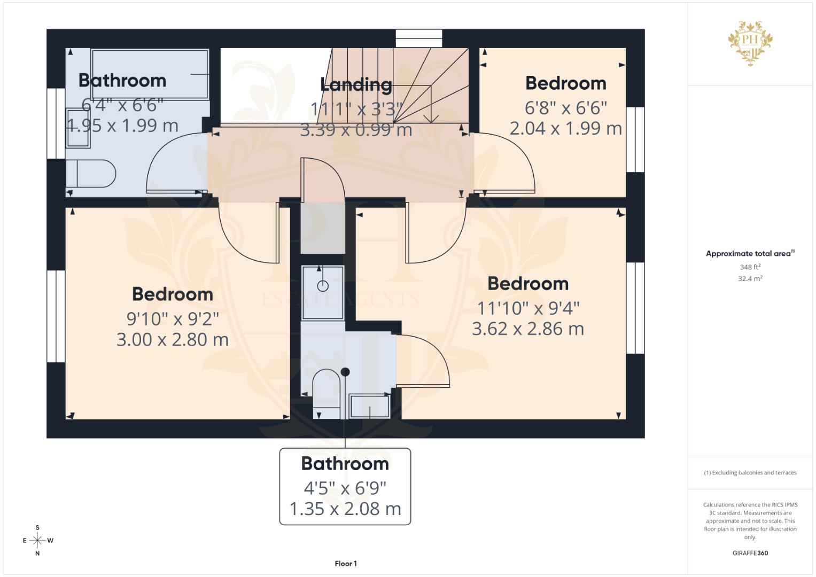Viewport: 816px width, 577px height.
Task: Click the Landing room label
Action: click(356, 84)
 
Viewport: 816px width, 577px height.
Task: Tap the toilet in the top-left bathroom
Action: click(91, 174)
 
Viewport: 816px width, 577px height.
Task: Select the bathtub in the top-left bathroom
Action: click(150, 74)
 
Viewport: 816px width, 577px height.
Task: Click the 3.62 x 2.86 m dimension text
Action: click(528, 329)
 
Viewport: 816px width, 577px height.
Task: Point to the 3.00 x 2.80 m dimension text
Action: click(172, 339)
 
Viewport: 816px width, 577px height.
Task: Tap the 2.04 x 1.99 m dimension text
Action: click(565, 129)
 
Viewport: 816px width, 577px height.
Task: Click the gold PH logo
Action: click(750, 43)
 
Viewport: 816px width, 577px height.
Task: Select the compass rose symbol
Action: click(37, 540)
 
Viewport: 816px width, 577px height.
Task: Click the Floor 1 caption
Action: click(346, 564)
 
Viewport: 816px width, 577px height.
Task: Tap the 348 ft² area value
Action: click(750, 267)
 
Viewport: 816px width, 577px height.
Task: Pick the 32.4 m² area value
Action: click(750, 279)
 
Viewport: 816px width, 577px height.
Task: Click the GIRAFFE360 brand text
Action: click(750, 553)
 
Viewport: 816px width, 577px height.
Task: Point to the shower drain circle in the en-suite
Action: click(323, 286)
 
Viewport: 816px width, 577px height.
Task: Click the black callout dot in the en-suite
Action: click(345, 372)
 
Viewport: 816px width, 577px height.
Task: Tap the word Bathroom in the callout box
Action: click(345, 464)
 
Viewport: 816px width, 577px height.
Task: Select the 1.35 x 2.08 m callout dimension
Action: click(345, 509)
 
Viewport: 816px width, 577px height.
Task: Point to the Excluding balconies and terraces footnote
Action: click(750, 473)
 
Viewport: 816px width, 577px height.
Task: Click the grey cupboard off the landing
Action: click(323, 228)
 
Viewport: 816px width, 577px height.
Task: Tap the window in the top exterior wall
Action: click(419, 38)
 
